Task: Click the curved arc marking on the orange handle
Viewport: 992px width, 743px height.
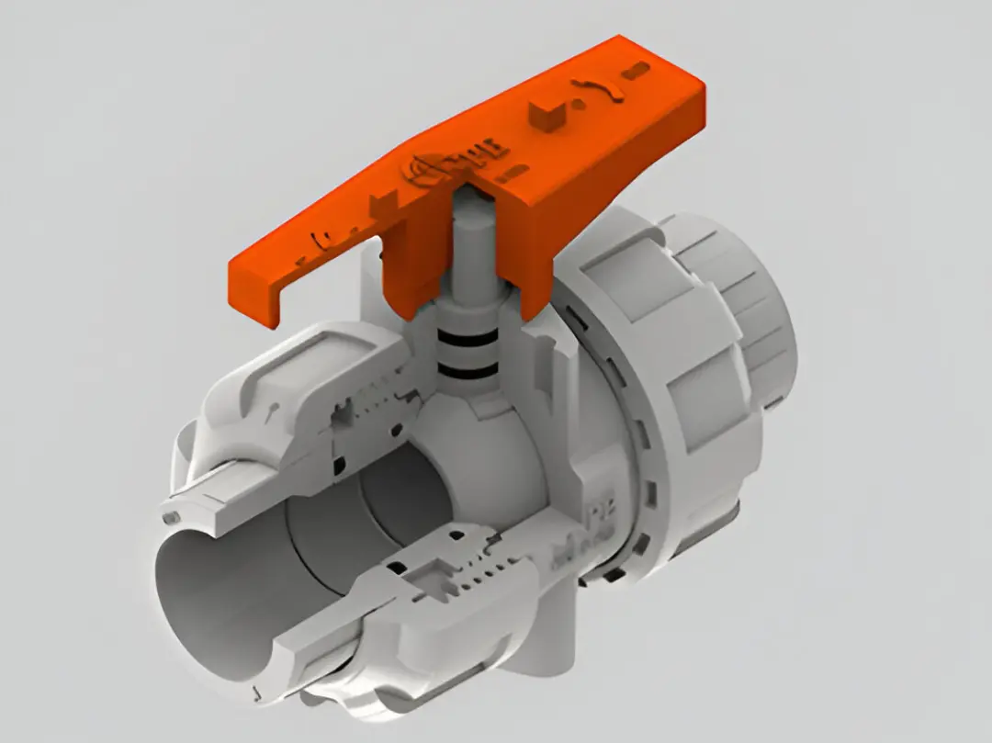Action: [x=598, y=89]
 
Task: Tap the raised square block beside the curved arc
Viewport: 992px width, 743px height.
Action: [x=545, y=116]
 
